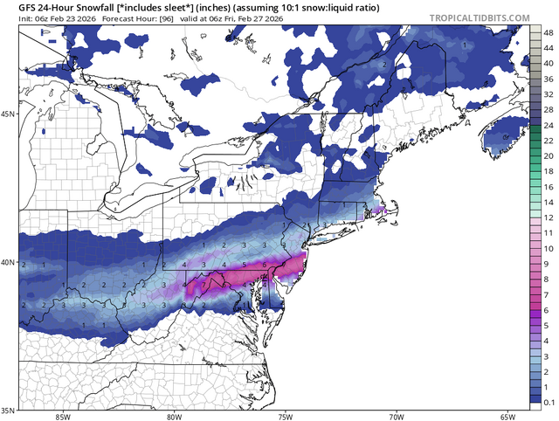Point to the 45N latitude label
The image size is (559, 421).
[9, 114]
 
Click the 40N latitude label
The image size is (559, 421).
[9, 262]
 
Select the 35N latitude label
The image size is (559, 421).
[9, 410]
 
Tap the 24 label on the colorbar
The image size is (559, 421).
[548, 127]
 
